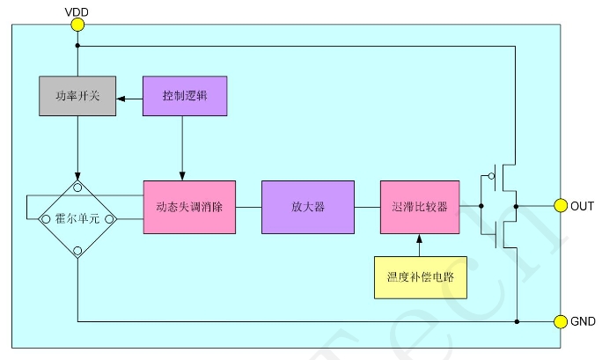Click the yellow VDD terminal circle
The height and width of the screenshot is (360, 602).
click(77, 25)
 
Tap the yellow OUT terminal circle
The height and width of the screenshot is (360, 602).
click(560, 206)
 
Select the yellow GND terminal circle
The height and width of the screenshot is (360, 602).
click(560, 321)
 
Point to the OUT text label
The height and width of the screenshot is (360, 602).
click(582, 206)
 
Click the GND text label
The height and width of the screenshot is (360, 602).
click(584, 321)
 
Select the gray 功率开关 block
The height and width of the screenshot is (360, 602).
click(77, 95)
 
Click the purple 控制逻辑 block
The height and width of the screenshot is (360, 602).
click(183, 95)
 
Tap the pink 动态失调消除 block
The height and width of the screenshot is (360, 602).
click(189, 207)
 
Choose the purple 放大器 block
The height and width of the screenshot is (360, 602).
click(308, 207)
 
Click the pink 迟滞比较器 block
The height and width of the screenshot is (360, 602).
click(419, 207)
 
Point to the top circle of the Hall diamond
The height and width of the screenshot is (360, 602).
click(78, 187)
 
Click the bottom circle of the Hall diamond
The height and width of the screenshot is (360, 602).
click(78, 252)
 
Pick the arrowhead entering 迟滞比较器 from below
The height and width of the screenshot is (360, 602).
click(420, 238)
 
